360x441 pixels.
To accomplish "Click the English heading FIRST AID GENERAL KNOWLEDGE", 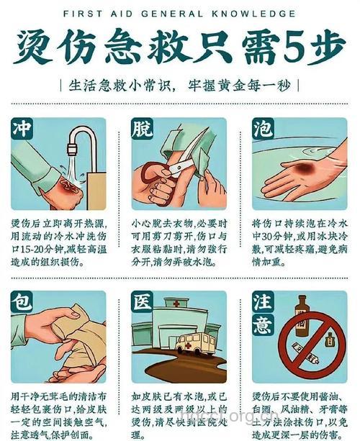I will tap(179, 14).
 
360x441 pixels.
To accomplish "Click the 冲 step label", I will tap(21, 129).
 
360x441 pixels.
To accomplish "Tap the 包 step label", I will tap(21, 302).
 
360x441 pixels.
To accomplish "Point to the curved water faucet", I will tap(78, 144).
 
